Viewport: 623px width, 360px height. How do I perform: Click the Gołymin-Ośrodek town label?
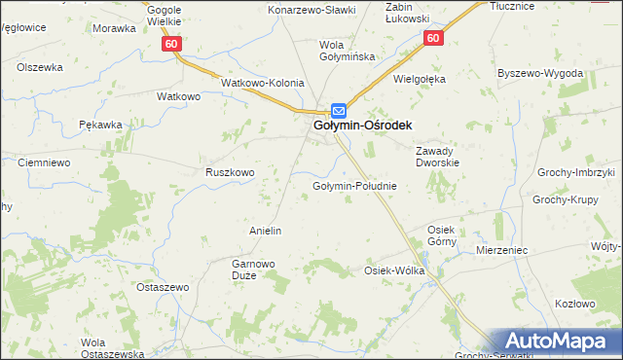tap(362, 126)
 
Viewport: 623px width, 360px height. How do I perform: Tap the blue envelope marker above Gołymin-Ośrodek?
tap(338, 110)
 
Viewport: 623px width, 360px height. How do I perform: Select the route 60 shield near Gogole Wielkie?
tap(171, 45)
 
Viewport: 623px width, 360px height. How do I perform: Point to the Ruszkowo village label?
tap(230, 172)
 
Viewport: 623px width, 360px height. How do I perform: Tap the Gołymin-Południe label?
tap(353, 186)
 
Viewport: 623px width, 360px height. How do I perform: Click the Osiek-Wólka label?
tap(394, 270)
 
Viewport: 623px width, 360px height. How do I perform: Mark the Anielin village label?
tap(266, 231)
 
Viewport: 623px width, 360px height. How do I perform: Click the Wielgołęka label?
tap(420, 79)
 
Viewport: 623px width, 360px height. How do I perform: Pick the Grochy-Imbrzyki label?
tap(576, 172)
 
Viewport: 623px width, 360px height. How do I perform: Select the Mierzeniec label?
tap(502, 250)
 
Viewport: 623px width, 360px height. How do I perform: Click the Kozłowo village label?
tap(574, 304)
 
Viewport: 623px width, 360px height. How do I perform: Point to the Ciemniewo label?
tap(44, 162)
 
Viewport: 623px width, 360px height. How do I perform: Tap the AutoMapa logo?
tap(563, 342)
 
